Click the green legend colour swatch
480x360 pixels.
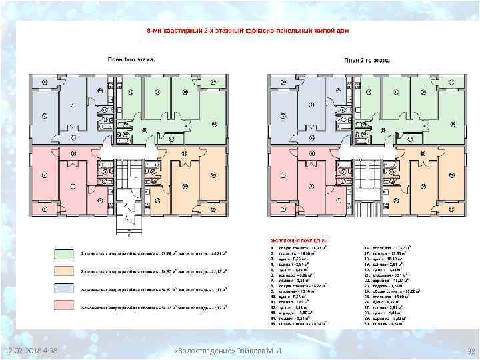[x=63, y=254]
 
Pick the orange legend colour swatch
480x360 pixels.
[x=63, y=272]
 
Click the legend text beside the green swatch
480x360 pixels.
[x=153, y=254]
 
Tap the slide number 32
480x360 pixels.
[x=469, y=351]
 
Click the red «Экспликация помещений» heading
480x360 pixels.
[x=299, y=239]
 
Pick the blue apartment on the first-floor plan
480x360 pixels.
[x=67, y=110]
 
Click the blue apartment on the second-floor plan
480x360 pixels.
[x=300, y=110]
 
